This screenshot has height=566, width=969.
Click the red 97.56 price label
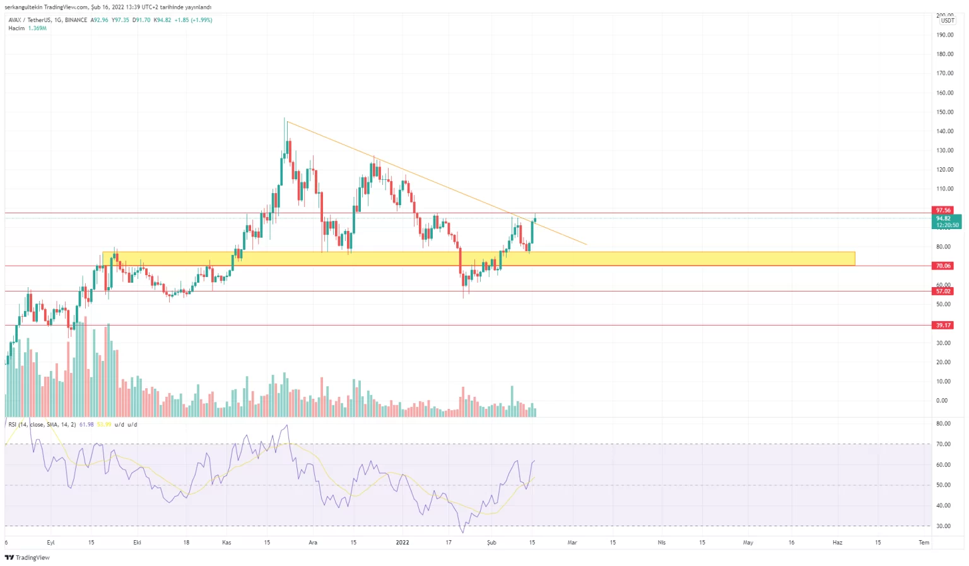pyautogui.click(x=943, y=210)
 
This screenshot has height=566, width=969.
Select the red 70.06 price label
pyautogui.click(x=943, y=266)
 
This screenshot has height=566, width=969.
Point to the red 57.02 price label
pyautogui.click(x=943, y=291)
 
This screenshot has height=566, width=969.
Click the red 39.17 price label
pyautogui.click(x=943, y=325)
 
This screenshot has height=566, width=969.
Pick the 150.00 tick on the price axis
pyautogui.click(x=944, y=112)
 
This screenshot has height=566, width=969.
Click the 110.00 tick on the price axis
pyautogui.click(x=944, y=189)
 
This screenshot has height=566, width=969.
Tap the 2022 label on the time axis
pyautogui.click(x=402, y=542)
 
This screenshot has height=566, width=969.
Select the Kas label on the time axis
pyautogui.click(x=226, y=542)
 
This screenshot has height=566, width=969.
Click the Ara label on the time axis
pyautogui.click(x=312, y=542)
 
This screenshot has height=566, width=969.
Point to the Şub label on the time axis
pyautogui.click(x=491, y=542)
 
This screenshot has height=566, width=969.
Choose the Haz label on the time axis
pyautogui.click(x=837, y=542)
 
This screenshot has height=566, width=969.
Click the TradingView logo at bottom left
pyautogui.click(x=27, y=557)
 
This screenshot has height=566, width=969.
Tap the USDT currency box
pyautogui.click(x=947, y=21)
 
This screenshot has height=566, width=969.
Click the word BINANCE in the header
pyautogui.click(x=76, y=20)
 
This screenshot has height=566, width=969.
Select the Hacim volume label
pyautogui.click(x=16, y=28)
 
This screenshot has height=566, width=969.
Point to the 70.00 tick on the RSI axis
pyautogui.click(x=943, y=444)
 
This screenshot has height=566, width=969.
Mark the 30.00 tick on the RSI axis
pyautogui.click(x=943, y=526)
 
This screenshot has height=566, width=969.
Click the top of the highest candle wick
pyautogui.click(x=285, y=119)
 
